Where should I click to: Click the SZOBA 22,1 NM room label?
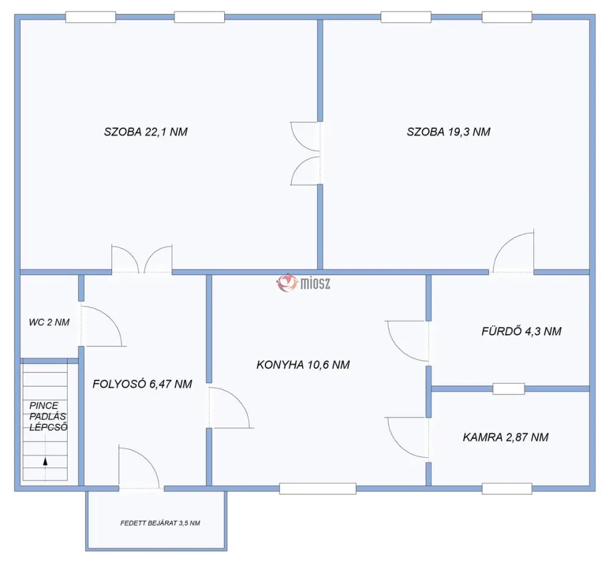(146, 132)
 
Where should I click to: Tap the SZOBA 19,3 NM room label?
(449, 132)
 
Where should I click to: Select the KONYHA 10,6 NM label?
(303, 365)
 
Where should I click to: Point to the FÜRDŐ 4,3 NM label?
(521, 331)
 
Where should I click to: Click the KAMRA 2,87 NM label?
(505, 437)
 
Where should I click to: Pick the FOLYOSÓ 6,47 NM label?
(142, 384)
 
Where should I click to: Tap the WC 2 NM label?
(49, 322)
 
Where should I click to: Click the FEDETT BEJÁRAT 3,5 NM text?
(160, 523)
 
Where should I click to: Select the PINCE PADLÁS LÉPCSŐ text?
(48, 416)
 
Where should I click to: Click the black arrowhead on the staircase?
(45, 461)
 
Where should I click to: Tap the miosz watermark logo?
(303, 282)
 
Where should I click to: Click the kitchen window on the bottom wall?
(318, 488)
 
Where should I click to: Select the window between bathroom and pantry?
(509, 388)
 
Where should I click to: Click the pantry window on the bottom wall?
(507, 488)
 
